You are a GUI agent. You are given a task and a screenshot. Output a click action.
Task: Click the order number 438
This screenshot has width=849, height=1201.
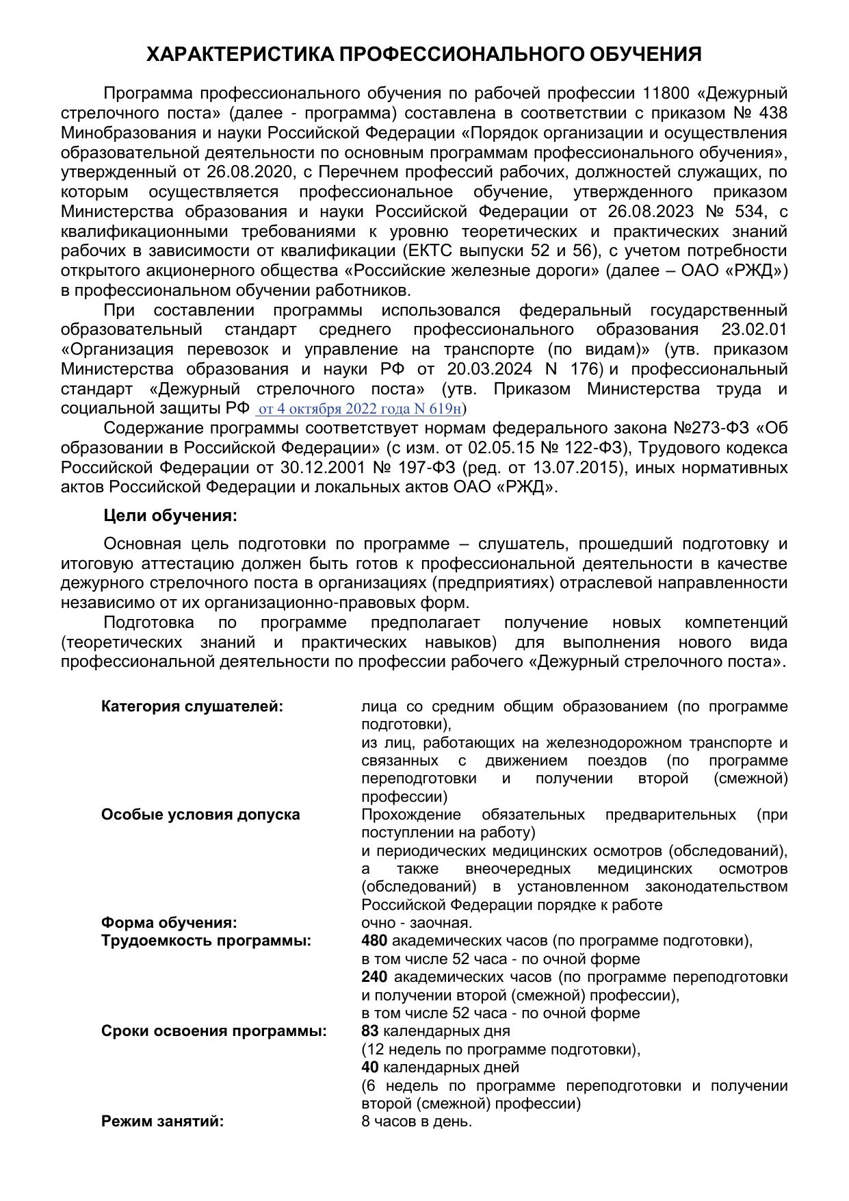pos(773,113)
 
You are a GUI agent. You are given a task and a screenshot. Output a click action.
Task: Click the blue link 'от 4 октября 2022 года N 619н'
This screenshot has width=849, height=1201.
pos(360,409)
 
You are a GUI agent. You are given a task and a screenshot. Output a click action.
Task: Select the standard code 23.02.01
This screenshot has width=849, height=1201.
pos(755,330)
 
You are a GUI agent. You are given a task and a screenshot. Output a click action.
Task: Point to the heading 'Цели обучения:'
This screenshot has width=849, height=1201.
pos(170,516)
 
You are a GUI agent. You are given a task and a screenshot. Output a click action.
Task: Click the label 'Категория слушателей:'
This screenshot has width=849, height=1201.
pos(192,707)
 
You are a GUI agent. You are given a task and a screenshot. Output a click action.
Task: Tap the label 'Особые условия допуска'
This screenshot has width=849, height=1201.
pos(200,815)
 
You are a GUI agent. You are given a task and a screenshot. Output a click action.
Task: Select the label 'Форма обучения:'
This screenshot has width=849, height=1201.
pos(169,923)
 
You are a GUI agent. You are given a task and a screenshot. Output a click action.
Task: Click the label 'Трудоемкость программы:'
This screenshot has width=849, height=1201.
pos(206,941)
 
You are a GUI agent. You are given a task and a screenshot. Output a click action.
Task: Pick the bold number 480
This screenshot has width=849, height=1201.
pos(374,941)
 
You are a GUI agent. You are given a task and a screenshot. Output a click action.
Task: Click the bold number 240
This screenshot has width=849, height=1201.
pos(374,977)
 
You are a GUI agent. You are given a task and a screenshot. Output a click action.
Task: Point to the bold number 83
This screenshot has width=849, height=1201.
pos(370,1031)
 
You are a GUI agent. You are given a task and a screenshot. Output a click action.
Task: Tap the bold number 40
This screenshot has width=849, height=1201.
pos(370,1067)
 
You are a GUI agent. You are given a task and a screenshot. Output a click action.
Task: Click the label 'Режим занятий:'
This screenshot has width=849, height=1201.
pos(163,1122)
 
